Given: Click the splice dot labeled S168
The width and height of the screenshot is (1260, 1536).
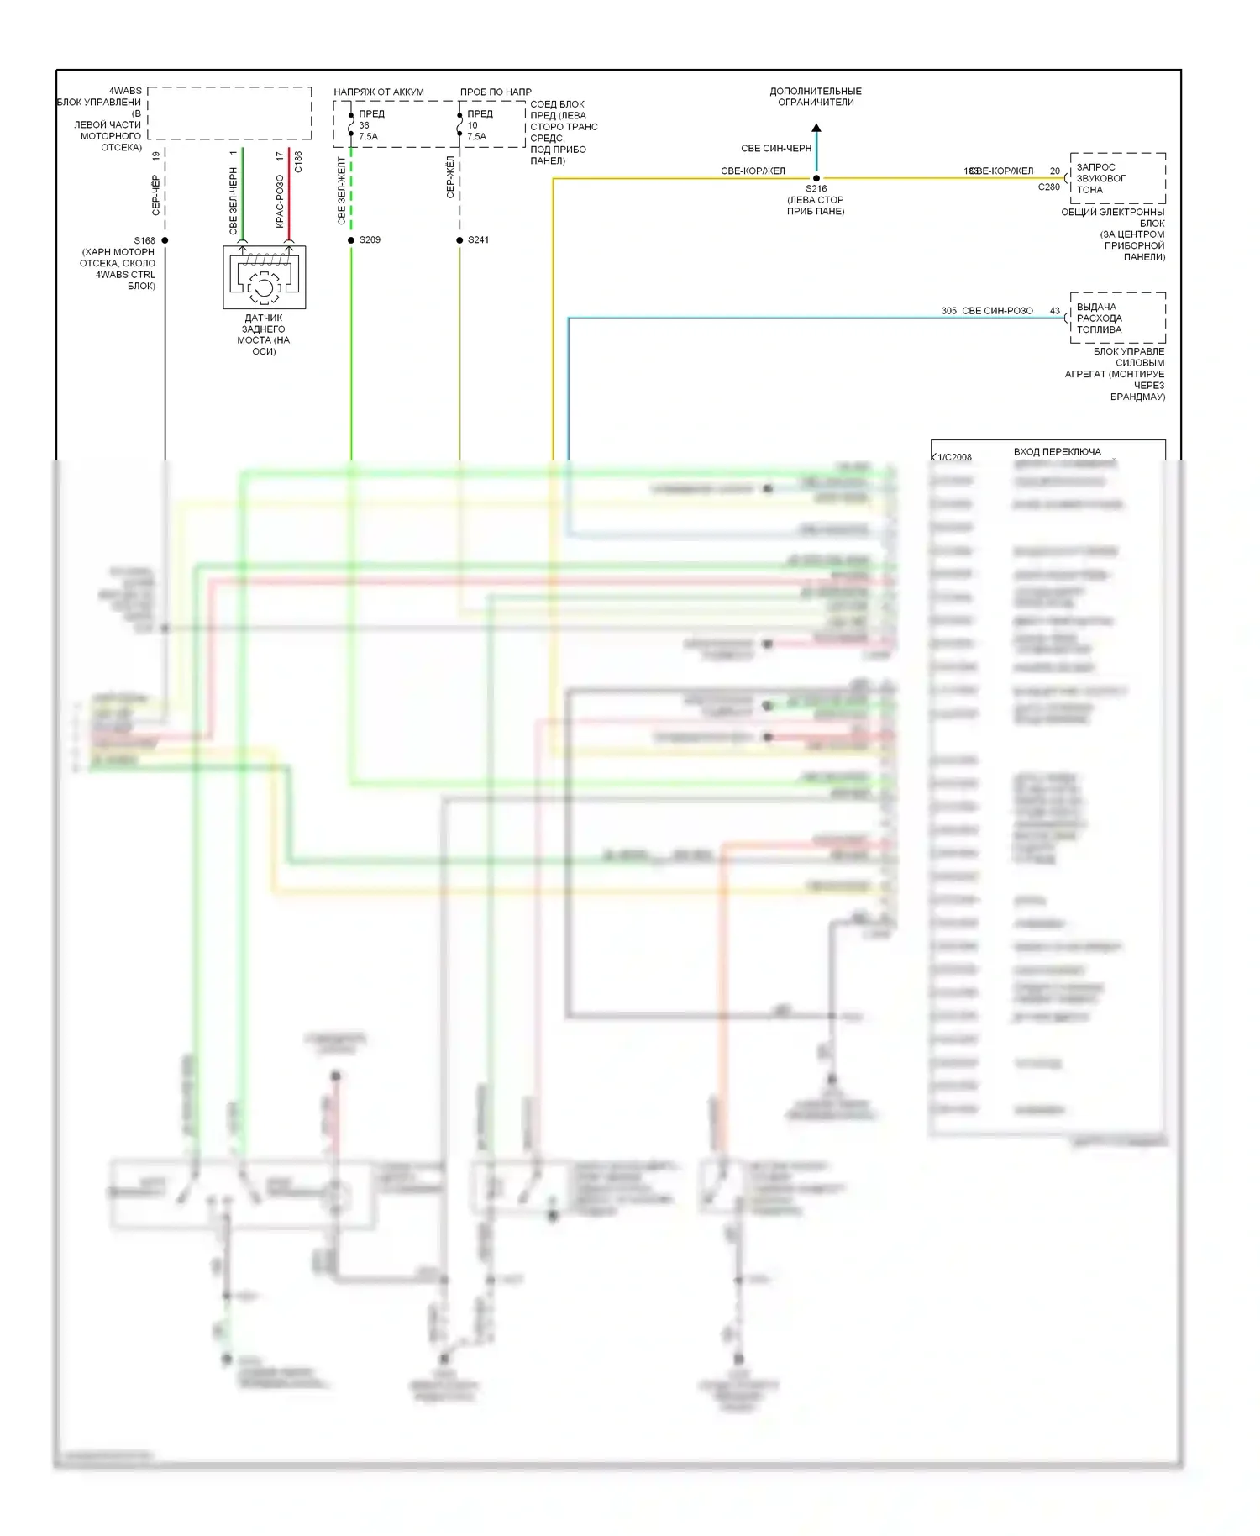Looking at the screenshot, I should (165, 240).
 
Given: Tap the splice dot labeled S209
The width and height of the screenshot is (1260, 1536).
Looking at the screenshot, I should (351, 240).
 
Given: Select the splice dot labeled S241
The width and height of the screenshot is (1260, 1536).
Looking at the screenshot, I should (459, 240).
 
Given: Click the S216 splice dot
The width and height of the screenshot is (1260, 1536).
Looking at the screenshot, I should (816, 178).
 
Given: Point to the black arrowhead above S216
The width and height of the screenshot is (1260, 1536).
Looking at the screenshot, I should (816, 129).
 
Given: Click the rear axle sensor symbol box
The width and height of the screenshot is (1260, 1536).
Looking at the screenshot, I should (264, 277).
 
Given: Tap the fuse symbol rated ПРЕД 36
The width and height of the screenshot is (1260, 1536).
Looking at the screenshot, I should (351, 125).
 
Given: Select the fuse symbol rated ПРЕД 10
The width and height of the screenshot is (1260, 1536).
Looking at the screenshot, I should (459, 125).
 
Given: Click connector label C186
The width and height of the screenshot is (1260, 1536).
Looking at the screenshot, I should (298, 162).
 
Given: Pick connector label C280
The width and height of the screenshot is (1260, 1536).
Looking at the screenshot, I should (1048, 187).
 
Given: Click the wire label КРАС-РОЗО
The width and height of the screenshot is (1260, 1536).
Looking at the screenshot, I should (280, 201).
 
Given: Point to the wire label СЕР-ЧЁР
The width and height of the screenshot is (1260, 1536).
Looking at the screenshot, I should (155, 195).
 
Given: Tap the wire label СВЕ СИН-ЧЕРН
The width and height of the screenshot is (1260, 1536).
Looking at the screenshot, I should (776, 149).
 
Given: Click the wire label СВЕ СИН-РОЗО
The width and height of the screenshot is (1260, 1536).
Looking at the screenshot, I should (997, 311).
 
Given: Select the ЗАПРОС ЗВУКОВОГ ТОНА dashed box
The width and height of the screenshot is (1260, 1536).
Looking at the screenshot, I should (1117, 178).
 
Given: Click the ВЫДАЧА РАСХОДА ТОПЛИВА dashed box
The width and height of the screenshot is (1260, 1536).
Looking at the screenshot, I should (1117, 318).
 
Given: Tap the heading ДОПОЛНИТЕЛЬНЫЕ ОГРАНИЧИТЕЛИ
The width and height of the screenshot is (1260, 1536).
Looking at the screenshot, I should (816, 97).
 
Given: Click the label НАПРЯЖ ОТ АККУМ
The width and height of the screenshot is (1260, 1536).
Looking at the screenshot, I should (379, 92).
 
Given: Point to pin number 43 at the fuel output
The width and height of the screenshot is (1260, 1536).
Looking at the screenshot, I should (1055, 311).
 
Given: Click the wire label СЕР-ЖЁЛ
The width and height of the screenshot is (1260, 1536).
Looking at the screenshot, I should (450, 177).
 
